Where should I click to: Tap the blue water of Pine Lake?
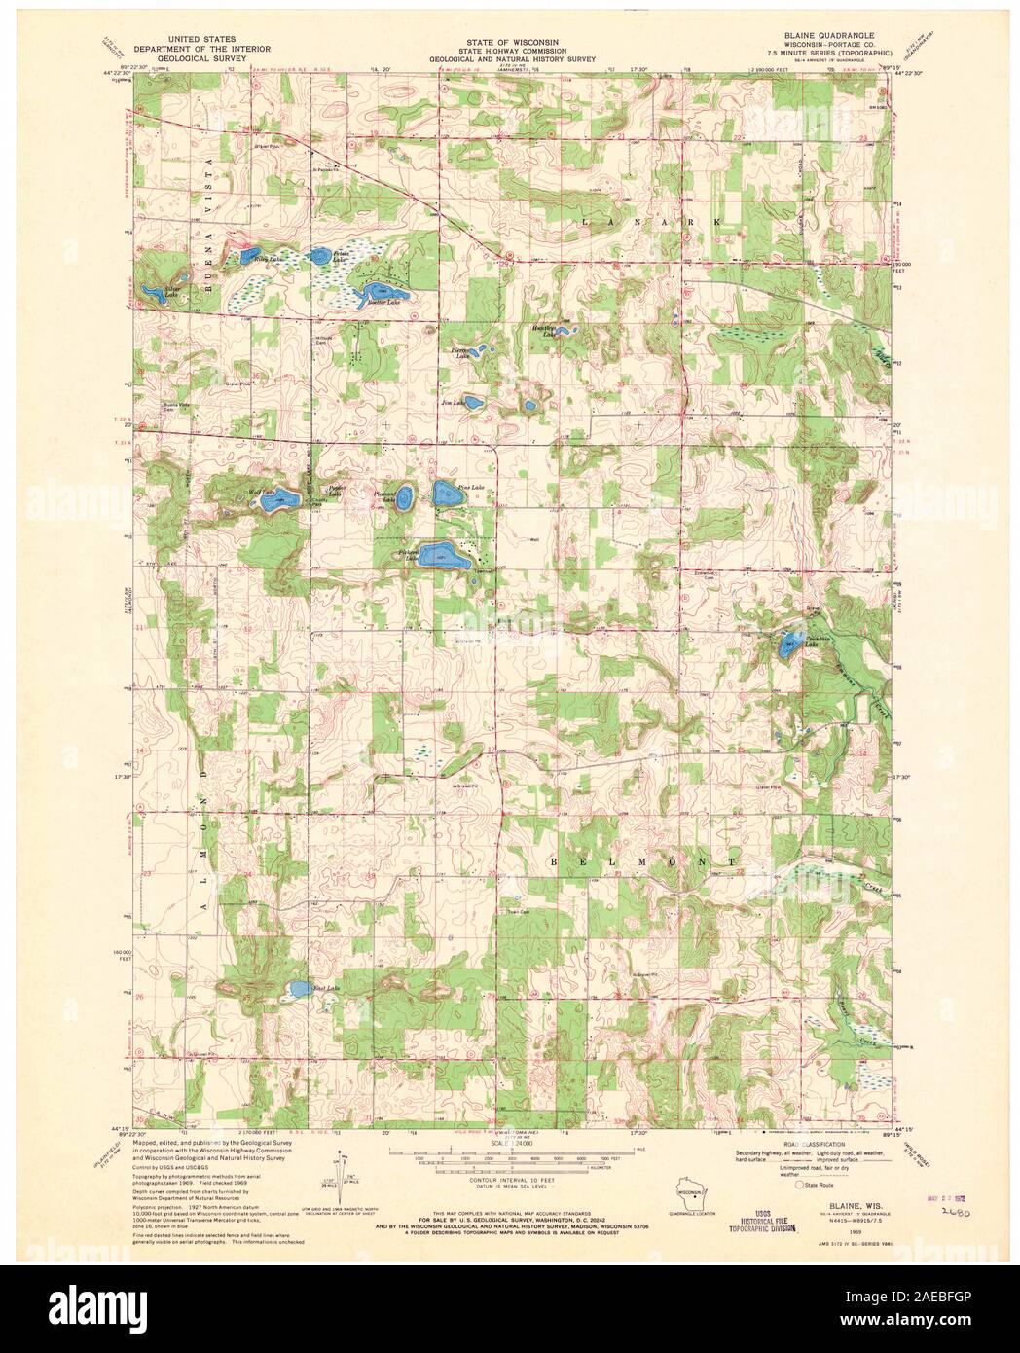(448, 494)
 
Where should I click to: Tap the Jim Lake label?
(451, 401)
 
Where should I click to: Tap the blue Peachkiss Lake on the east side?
(790, 640)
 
